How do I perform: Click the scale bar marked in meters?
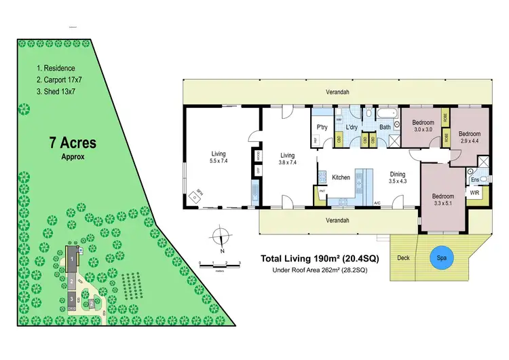tap(219, 264)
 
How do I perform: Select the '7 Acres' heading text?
tap(72, 143)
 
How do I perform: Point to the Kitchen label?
tap(341, 177)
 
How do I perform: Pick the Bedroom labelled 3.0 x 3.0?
tap(423, 126)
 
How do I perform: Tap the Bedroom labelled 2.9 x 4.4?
tap(469, 137)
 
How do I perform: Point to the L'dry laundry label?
tap(352, 127)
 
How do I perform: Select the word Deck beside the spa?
tap(404, 258)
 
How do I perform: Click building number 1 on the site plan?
tap(71, 259)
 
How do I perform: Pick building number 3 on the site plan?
tap(71, 298)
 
